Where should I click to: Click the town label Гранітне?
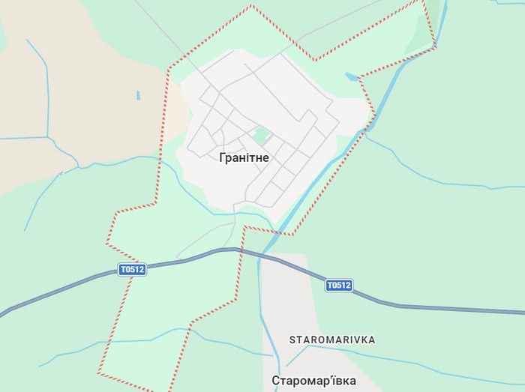point(244,158)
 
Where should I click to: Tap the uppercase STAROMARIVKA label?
point(332,340)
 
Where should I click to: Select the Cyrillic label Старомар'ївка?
point(313,381)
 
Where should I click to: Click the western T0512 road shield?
point(132,270)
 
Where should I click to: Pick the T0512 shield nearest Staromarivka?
point(338,285)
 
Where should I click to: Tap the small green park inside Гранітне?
point(261,136)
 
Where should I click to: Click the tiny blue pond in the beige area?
point(138,95)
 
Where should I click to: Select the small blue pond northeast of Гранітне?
point(351,76)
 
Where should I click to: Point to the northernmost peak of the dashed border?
point(252,7)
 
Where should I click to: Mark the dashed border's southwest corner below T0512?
point(98,373)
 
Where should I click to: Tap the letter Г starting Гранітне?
point(223,158)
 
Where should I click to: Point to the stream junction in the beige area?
point(48,138)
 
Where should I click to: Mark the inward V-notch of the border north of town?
point(315,59)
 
